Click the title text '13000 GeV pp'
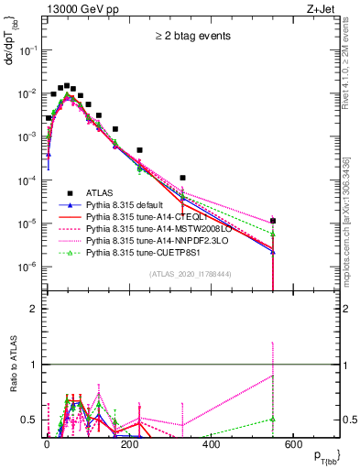point(75,8)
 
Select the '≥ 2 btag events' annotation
point(191,37)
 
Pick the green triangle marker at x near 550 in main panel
point(272,233)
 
